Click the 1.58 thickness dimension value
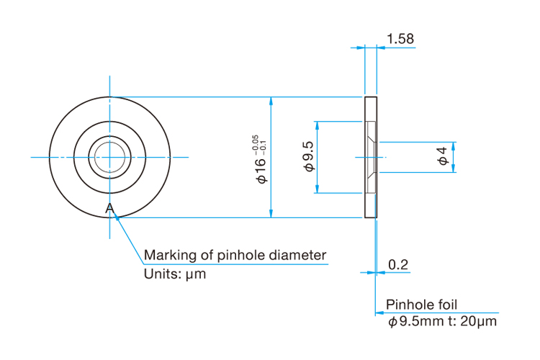(400, 39)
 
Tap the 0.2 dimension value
(398, 264)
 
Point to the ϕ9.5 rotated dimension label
(309, 156)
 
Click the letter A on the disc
(109, 208)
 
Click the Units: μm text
(175, 274)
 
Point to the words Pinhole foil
(421, 305)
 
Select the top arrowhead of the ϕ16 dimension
(271, 101)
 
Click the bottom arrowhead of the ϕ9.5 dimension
(318, 189)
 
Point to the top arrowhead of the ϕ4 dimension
(453, 145)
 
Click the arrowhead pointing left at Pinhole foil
(379, 312)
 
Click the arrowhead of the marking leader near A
(117, 217)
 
